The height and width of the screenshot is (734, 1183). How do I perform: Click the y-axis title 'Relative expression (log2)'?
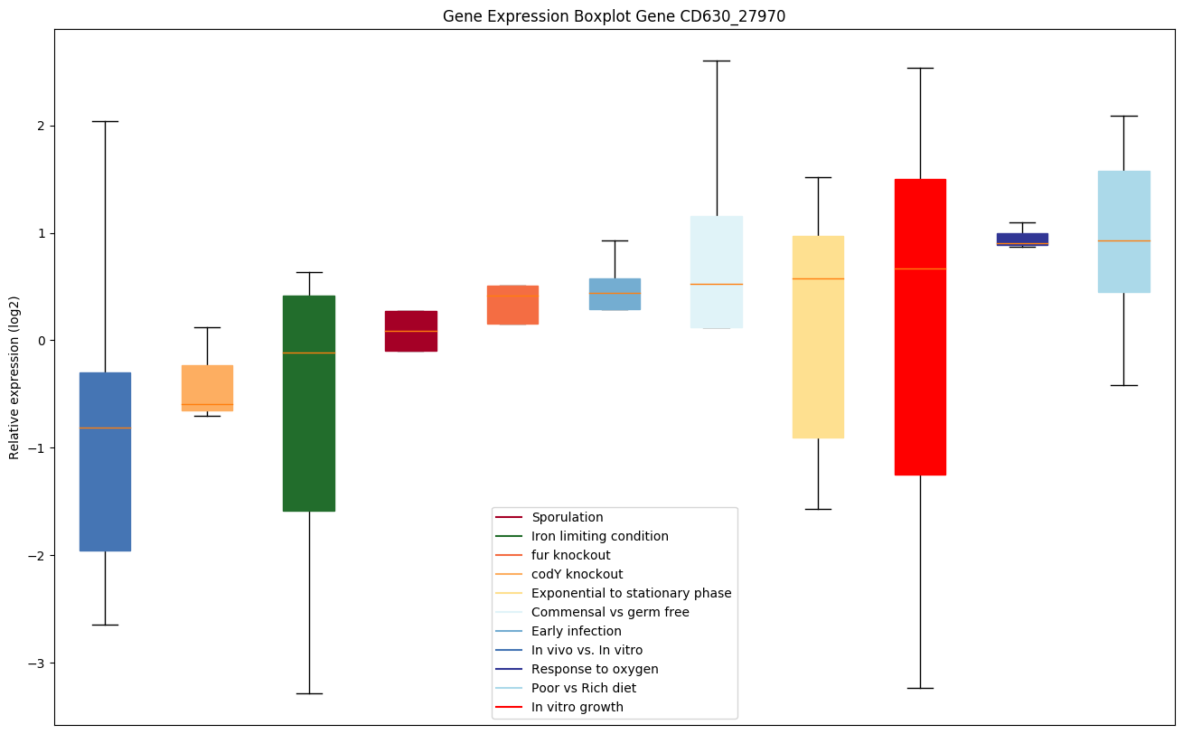tap(14, 377)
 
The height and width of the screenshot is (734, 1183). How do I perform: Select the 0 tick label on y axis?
tap(42, 341)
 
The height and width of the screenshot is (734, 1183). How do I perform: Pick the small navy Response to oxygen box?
tap(1022, 239)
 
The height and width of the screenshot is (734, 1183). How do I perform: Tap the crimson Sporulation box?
tap(411, 331)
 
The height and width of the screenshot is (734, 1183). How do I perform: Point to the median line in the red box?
tap(920, 268)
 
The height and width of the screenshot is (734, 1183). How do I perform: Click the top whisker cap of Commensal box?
tap(717, 61)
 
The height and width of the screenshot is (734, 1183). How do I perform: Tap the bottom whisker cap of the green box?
tap(309, 693)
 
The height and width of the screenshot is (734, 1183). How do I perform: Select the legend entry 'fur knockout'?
tap(570, 555)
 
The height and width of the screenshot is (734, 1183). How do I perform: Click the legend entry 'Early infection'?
tap(576, 631)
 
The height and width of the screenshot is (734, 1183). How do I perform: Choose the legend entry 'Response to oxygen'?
tap(595, 669)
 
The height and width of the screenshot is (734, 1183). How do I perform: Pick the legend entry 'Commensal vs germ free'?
tap(610, 612)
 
